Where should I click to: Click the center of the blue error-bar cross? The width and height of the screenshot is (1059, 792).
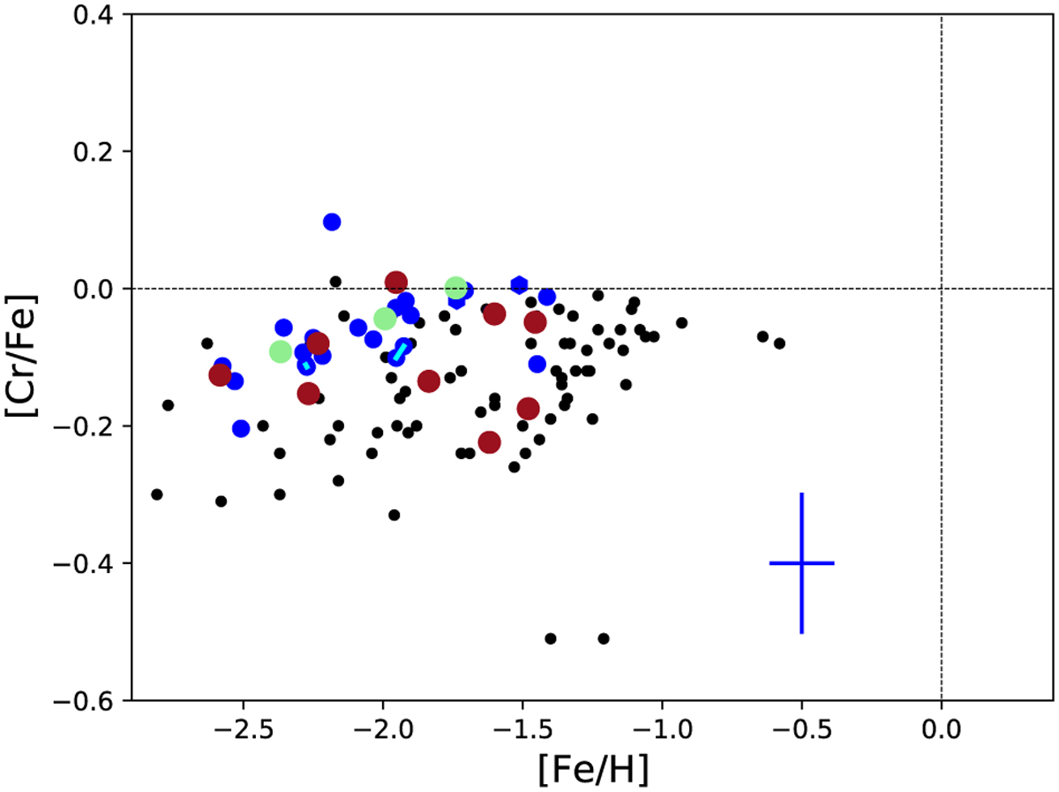[801, 563]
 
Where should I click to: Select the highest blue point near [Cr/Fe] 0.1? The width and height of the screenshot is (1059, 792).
[332, 222]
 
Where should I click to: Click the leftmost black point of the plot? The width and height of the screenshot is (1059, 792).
[157, 494]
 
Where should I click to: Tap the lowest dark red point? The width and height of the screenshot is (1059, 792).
[489, 441]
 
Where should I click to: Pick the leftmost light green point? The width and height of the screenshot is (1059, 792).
[281, 351]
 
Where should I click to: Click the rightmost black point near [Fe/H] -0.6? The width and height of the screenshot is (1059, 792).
[779, 343]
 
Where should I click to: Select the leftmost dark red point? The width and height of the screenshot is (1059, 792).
[220, 375]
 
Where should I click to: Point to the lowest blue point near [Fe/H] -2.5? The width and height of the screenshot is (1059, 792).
[241, 428]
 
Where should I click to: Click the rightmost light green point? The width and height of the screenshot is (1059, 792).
[456, 288]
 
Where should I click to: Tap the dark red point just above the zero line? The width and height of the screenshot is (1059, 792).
[396, 283]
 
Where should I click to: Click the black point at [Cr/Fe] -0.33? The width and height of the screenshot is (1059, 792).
[394, 515]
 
